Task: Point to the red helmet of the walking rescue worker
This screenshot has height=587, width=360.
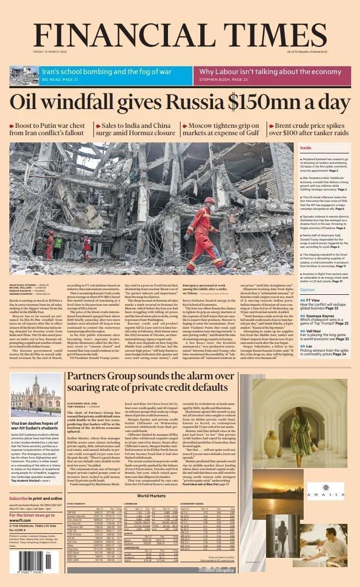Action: (x=209, y=200)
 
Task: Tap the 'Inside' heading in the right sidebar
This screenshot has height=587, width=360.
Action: (x=306, y=148)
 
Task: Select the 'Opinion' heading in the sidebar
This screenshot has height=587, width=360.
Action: (x=308, y=290)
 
